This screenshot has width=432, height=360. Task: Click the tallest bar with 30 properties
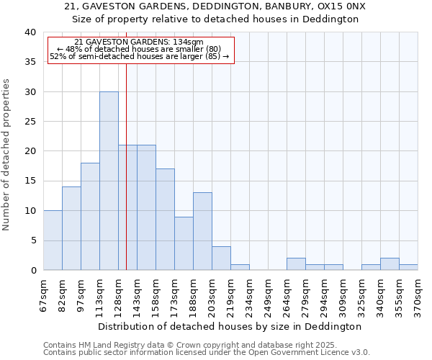[109, 181]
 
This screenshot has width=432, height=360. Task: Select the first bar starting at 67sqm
[53, 240]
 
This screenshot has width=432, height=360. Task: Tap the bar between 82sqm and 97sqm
[71, 228]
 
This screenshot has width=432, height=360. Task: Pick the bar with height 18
[90, 217]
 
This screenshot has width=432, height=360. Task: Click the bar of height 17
[165, 220]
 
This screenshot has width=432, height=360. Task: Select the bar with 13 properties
[202, 231]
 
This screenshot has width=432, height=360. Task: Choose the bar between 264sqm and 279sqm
[296, 264]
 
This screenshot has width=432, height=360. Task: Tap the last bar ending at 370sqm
[408, 267]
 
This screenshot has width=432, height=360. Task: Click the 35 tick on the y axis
[32, 62]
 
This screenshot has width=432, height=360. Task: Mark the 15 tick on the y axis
[32, 181]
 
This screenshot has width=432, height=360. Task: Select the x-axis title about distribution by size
[229, 326]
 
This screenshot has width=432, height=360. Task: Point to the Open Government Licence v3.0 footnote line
[207, 352]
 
